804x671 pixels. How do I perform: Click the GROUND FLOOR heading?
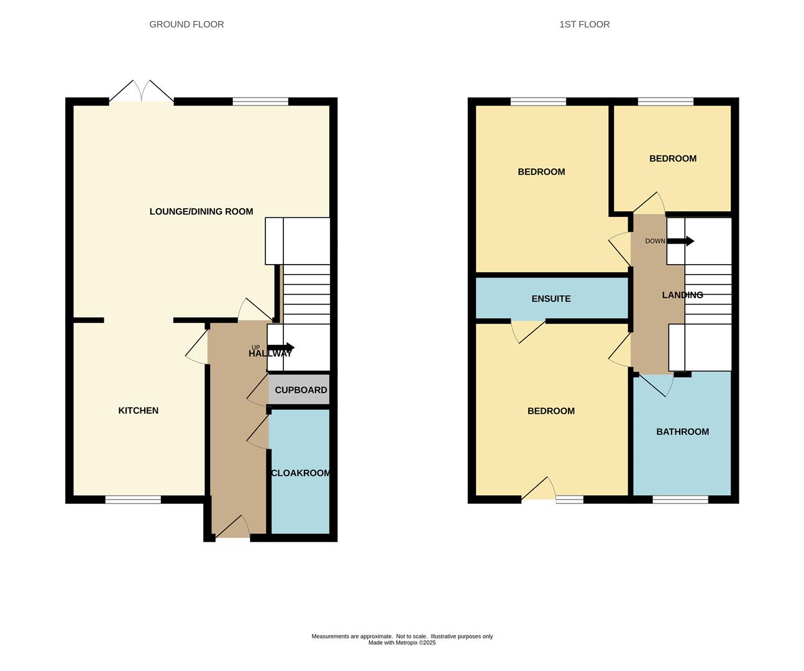186,24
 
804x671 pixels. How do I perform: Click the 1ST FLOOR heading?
584,24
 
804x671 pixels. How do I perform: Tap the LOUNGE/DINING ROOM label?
201,211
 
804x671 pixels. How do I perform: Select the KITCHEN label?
138,411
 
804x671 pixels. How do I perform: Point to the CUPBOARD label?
301,390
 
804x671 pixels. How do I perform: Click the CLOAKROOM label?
300,473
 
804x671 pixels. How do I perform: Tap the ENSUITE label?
551,299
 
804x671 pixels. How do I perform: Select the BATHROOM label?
682,432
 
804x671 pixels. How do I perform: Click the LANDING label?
682,295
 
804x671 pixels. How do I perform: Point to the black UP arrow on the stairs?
281,348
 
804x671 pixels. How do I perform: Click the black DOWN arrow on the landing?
680,242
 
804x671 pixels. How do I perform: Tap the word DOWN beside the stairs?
655,241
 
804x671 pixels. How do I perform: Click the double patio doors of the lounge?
141,91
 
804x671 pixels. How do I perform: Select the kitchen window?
133,500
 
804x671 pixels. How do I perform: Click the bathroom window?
680,500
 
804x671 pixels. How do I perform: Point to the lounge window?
261,102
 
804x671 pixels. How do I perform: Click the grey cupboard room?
299,390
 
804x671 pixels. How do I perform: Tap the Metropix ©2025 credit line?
402,642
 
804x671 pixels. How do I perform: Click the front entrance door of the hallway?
232,527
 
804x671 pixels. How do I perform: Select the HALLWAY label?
270,354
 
